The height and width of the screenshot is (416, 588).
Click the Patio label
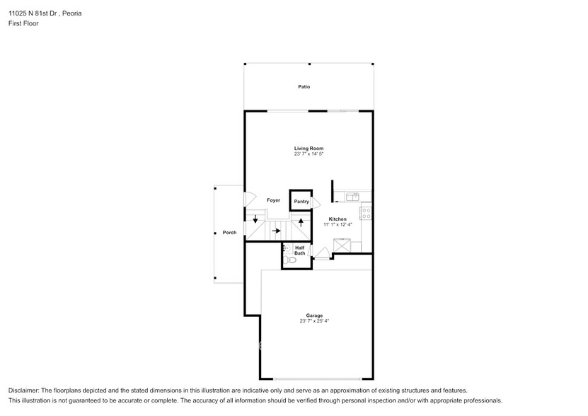[304, 87]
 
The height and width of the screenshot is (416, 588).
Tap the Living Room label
[309, 149]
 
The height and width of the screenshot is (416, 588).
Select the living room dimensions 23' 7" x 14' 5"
[309, 154]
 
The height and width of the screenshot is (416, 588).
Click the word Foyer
[273, 200]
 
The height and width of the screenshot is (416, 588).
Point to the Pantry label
[301, 202]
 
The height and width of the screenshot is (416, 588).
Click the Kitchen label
[338, 219]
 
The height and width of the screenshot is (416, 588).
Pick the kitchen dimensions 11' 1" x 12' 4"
[338, 224]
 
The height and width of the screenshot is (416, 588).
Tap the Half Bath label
[300, 250]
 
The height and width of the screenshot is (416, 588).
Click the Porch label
[229, 232]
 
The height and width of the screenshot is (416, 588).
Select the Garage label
[314, 316]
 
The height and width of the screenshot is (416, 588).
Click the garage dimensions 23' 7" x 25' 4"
[314, 320]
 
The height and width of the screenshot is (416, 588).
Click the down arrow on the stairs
[255, 219]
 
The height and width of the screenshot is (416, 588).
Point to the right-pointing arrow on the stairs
[277, 231]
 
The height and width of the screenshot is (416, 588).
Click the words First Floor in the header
[24, 23]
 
